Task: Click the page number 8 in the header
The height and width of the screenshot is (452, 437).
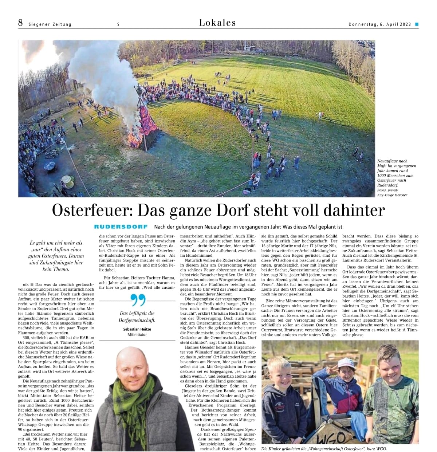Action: (20, 23)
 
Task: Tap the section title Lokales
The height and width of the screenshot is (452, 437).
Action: (217, 23)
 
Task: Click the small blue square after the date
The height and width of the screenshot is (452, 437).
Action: (417, 24)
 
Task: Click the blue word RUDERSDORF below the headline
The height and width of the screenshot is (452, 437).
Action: (121, 227)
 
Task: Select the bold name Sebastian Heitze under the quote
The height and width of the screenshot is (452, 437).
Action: (137, 329)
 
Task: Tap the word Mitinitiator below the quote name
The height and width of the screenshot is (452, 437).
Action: (137, 334)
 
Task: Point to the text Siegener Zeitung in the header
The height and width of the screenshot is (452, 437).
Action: (50, 24)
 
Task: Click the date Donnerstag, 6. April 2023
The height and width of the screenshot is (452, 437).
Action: (379, 24)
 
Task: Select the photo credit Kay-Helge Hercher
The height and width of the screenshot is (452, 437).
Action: (392, 195)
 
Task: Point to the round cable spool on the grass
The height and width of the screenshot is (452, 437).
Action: (67, 180)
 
